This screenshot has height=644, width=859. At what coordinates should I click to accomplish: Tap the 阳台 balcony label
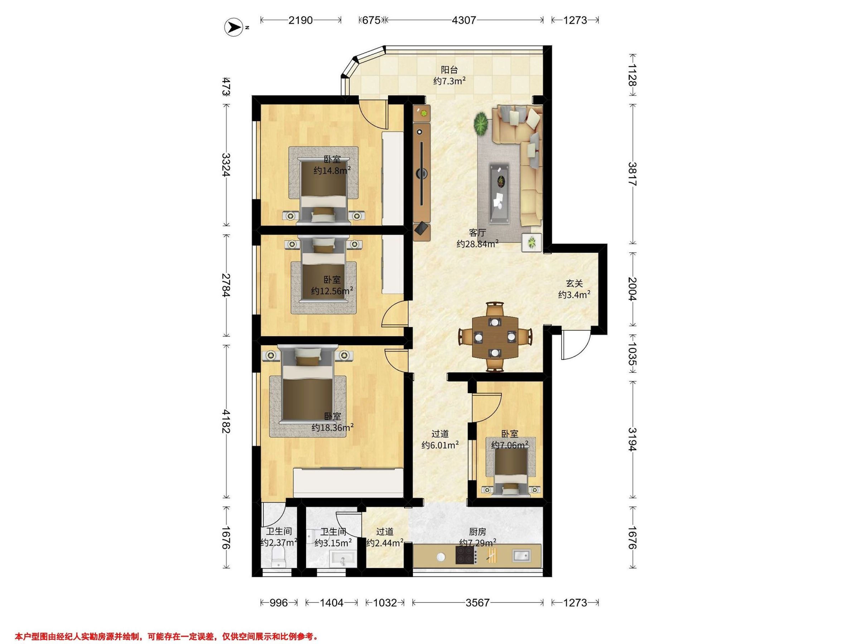[449, 70]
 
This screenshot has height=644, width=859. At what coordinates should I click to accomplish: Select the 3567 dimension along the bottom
[477, 602]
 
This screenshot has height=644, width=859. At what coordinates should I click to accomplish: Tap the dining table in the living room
[495, 337]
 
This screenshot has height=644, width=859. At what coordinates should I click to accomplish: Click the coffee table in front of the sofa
[499, 193]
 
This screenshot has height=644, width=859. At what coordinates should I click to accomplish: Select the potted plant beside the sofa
[481, 124]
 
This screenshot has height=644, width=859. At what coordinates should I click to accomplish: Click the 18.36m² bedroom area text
[333, 428]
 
